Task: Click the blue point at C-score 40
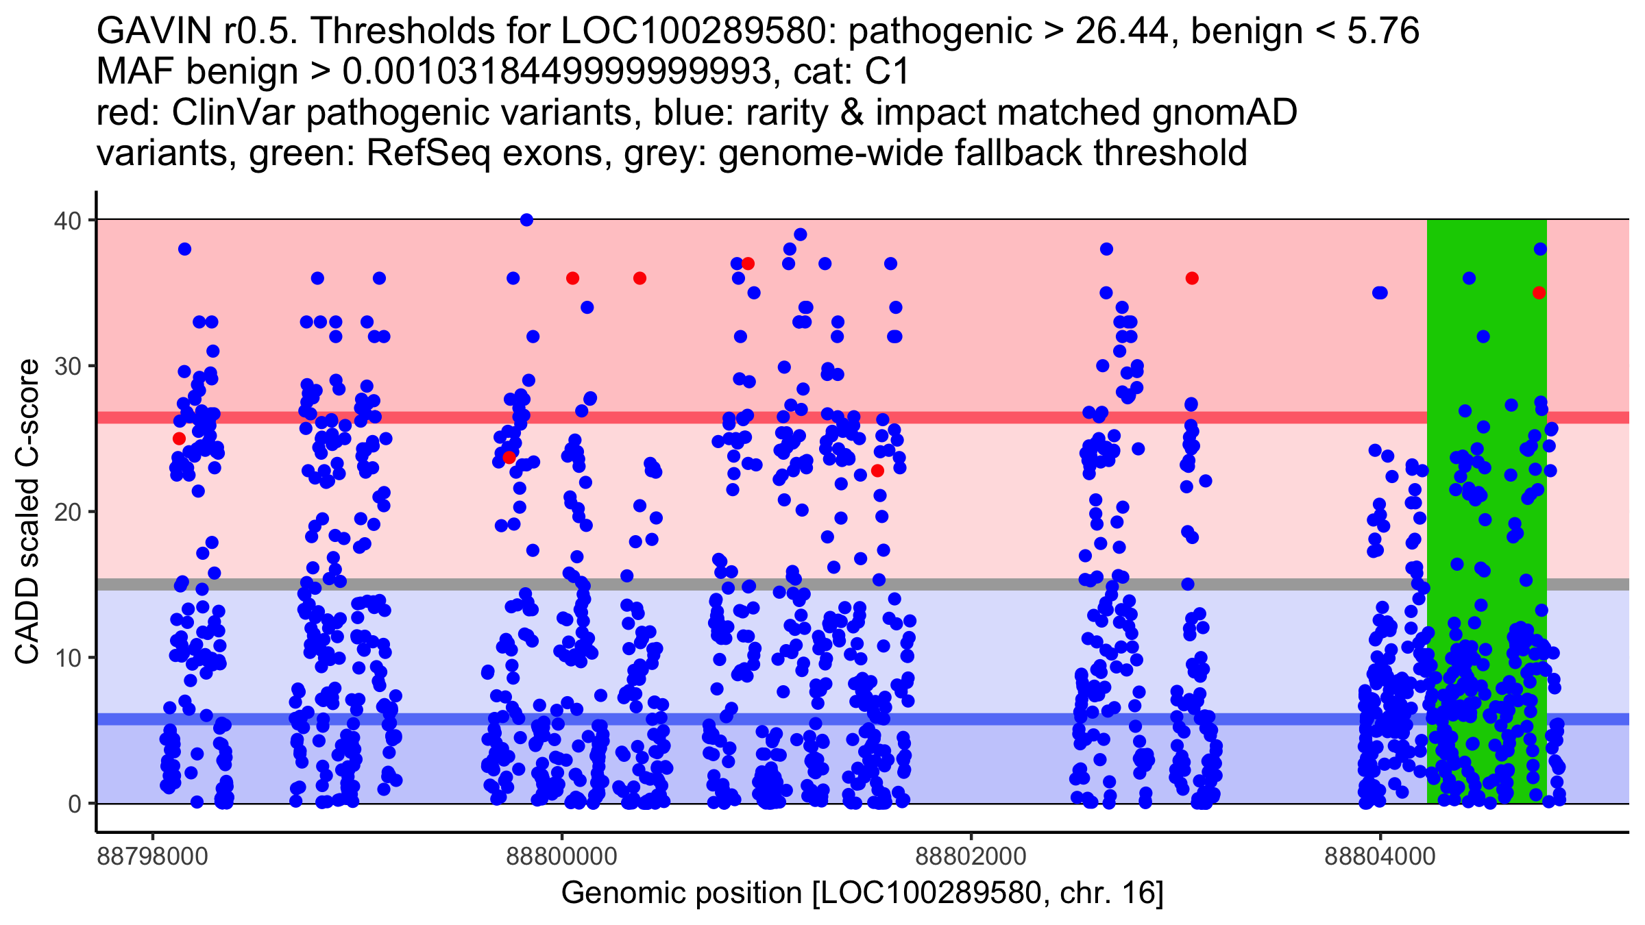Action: pos(526,220)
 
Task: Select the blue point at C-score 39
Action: pos(800,235)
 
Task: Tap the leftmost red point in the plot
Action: pos(179,439)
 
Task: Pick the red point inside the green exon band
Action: pos(1539,293)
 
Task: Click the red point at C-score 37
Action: pos(748,264)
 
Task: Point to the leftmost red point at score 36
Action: pos(572,278)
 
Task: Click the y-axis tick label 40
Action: pos(66,221)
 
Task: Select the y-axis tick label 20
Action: pos(66,512)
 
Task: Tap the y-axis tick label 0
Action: pos(74,804)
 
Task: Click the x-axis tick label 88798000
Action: pos(152,856)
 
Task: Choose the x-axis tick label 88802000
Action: pos(971,856)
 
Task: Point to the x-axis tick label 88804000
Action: pos(1380,856)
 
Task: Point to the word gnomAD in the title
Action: pos(1224,112)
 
